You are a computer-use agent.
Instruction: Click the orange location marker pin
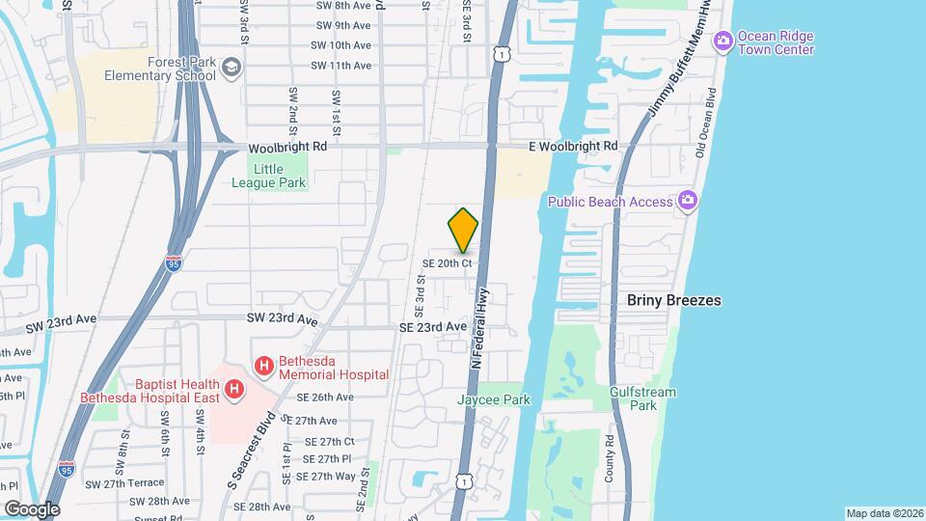[x=463, y=230]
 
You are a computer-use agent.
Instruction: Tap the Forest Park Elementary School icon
[x=231, y=68]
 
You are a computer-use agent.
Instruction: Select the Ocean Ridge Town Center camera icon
[x=723, y=41]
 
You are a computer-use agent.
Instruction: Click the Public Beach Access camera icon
[x=687, y=201]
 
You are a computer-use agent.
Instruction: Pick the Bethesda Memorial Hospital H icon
[x=262, y=367]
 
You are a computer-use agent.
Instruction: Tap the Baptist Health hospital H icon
[x=232, y=390]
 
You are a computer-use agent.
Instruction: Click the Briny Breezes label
[x=673, y=301]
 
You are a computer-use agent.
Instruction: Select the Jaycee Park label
[x=494, y=399]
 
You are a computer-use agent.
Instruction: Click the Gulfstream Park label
[x=643, y=398]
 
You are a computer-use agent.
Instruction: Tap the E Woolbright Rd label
[x=573, y=146]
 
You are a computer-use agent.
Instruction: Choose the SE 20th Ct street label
[x=447, y=262]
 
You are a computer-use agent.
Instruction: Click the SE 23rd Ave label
[x=434, y=327]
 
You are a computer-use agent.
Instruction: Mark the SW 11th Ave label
[x=340, y=66]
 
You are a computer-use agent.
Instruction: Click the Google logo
[x=31, y=508]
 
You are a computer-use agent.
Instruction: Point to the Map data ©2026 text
[x=884, y=512]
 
